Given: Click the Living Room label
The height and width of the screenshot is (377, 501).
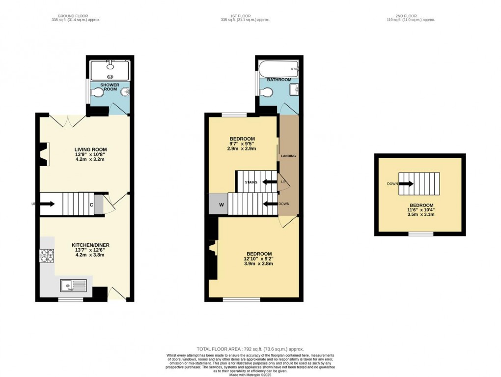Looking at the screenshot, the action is point(90,149).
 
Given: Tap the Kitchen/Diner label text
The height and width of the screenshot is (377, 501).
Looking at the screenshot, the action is point(90,245).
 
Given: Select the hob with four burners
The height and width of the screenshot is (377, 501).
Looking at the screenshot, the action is point(47,256).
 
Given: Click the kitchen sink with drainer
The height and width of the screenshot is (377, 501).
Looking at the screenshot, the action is point(74,285).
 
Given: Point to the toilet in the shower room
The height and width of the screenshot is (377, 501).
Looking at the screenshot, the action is point(97,93).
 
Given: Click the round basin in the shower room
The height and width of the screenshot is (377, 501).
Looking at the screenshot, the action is point(125,92).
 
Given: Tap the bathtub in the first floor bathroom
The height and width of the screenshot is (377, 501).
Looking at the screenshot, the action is point(278,68).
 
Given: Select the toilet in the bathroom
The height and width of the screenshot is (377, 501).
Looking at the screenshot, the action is point(266,92).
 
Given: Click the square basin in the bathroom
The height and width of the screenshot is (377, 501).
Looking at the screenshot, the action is point(294,89).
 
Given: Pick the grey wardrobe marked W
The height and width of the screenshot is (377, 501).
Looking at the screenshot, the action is point(218,203).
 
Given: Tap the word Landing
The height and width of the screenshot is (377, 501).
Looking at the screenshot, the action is point(288,156).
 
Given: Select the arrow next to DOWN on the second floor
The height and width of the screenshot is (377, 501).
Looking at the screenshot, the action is point(406,184).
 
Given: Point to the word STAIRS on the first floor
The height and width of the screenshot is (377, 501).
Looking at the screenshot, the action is point(251,182).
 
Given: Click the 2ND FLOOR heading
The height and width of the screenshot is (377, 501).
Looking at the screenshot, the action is point(406,16).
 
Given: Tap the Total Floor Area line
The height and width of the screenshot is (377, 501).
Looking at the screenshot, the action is point(250,349).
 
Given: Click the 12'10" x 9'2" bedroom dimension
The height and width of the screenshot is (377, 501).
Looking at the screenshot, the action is point(258,259).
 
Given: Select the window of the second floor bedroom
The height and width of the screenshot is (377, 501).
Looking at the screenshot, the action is point(421,234).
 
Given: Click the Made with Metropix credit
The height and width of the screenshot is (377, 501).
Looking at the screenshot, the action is point(250,375).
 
